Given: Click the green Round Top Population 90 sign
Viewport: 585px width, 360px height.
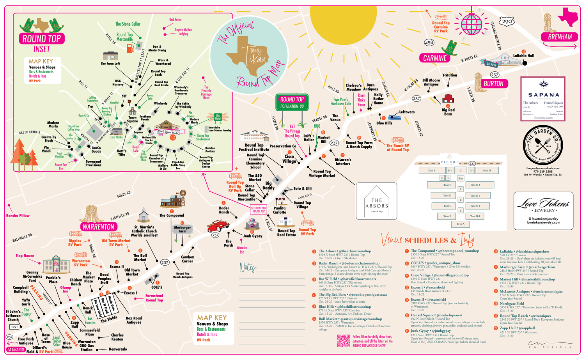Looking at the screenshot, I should point(292,102).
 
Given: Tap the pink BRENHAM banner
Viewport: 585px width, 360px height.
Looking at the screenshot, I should point(560,37).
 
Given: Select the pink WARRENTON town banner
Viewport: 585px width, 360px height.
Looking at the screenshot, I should point(98,227).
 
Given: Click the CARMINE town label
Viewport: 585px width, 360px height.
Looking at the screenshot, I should point(435,58).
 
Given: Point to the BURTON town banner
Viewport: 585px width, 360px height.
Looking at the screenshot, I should point(493,83).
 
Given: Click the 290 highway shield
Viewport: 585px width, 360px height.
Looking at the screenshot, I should point(507,21).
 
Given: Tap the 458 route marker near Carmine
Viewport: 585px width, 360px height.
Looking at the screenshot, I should point(429,43).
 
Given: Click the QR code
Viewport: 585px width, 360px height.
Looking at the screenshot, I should point(344,340).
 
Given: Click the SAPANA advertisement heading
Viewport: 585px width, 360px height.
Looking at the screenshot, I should point(543,95).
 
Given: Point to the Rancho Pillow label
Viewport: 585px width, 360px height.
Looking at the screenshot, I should point(18,215).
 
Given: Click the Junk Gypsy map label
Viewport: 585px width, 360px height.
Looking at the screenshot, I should point(253,236).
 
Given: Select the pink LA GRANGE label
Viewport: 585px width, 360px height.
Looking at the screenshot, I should point(16,349).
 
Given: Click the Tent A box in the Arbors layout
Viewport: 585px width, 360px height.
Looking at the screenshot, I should point(460,224).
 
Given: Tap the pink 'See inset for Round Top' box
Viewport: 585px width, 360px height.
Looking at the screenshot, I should point(258,210).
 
